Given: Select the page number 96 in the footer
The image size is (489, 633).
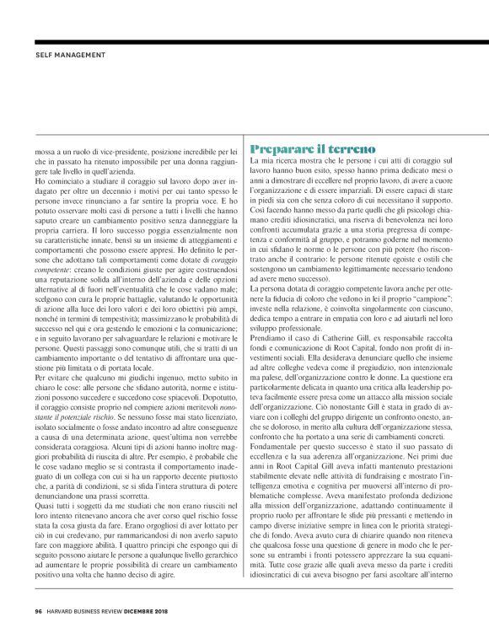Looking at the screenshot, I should point(39,611).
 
